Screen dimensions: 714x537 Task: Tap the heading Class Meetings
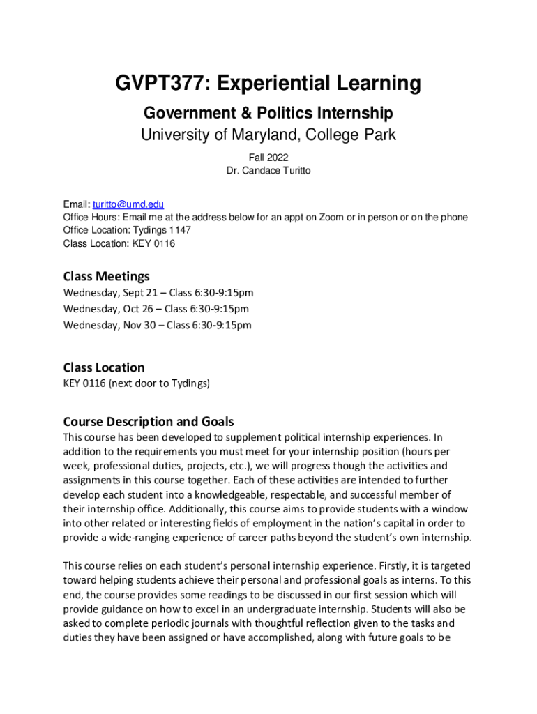coord(106,276)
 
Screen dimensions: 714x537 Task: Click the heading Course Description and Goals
coord(149,421)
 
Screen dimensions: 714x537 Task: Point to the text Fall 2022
coord(268,158)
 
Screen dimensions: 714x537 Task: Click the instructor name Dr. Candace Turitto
coord(268,170)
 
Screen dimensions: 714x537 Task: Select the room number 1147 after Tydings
coord(179,230)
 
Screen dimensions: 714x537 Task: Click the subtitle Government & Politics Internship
coord(268,113)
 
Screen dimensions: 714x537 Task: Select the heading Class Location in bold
coord(104,367)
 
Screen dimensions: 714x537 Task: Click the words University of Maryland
coord(209,135)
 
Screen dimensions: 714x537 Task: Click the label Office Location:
coord(94,230)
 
